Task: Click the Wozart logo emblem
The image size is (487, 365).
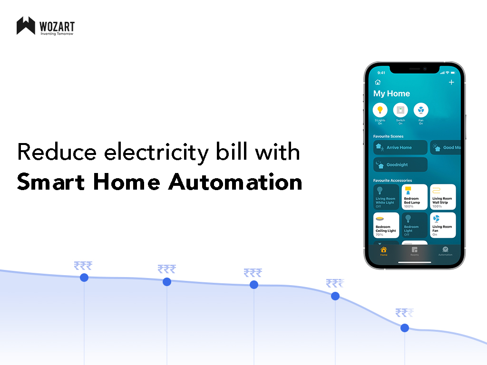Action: point(26,26)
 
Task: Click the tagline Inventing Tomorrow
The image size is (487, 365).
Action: point(57,34)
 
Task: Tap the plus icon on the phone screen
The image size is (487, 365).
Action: point(451,82)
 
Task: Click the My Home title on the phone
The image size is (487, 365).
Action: point(391,94)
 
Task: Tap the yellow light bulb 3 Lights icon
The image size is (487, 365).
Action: point(380,110)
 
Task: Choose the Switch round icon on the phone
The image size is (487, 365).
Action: point(400,110)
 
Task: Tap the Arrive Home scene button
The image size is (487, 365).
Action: point(400,147)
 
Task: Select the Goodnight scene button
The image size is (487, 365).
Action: point(400,164)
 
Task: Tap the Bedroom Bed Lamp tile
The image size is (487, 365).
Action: point(414,197)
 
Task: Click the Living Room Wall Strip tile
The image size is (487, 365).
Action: point(443,197)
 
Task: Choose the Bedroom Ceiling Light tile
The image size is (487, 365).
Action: point(386,225)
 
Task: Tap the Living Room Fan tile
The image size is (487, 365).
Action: point(443,225)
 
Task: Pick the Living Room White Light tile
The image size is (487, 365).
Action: point(386,197)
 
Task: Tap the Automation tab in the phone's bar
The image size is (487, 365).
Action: point(445,251)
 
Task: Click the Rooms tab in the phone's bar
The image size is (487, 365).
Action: point(415,251)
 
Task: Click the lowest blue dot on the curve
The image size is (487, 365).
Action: point(405,328)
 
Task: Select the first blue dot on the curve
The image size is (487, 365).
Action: point(84,278)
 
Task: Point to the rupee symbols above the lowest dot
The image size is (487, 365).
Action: point(404,313)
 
